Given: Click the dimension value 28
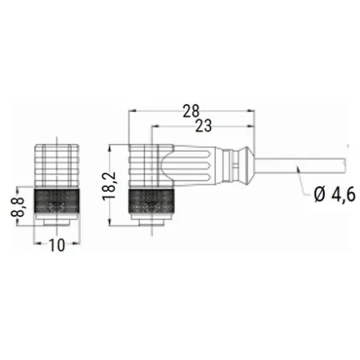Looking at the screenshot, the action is coord(191,111).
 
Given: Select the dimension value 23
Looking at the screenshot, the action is coord(203,126).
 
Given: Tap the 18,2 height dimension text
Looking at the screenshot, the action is coord(109,186).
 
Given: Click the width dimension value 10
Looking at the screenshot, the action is coord(57,245).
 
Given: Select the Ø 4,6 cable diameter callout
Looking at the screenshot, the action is coord(334,194).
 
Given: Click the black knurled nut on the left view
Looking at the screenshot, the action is coord(57,201).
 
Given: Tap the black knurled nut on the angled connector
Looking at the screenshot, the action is coord(151,201).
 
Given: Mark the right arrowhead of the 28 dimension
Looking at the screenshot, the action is coord(251,110).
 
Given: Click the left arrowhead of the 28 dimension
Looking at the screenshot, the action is coord(132,110).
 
